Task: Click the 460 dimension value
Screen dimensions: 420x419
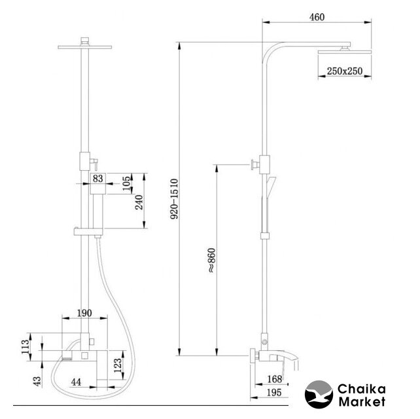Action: click(x=317, y=17)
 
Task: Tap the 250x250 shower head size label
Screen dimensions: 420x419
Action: click(x=345, y=71)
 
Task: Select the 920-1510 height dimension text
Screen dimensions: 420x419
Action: click(x=175, y=199)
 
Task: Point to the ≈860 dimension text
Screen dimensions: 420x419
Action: click(x=211, y=261)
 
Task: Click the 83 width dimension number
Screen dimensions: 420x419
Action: click(x=97, y=178)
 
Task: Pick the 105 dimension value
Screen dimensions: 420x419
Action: click(x=127, y=183)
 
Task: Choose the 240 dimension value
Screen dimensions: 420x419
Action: click(x=139, y=202)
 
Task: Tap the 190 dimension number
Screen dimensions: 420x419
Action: click(x=84, y=313)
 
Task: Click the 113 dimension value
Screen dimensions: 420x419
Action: click(x=26, y=347)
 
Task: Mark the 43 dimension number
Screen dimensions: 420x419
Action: click(x=37, y=381)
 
